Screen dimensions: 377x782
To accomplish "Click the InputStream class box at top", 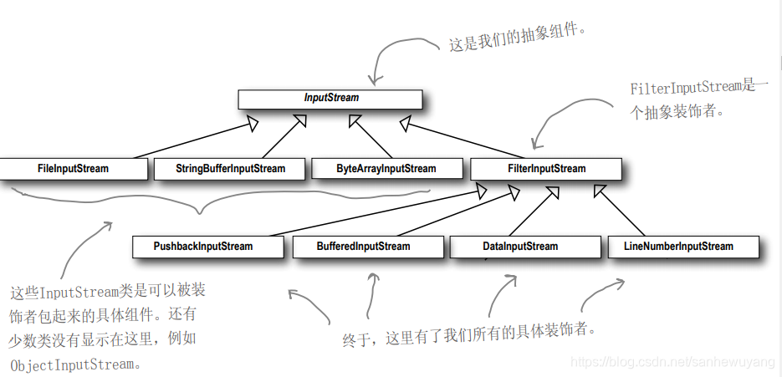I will (x=331, y=99).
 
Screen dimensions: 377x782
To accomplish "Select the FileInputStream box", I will (x=74, y=169).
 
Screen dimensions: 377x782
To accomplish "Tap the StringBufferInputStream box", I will (x=230, y=169).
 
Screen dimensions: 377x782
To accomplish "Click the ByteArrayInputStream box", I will (x=386, y=169).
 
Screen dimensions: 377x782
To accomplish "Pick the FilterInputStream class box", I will (x=546, y=169).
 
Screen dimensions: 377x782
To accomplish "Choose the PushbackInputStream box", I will (x=203, y=247).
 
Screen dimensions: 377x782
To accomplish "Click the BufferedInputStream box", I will (x=364, y=247).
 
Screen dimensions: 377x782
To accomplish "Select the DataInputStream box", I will (x=520, y=247).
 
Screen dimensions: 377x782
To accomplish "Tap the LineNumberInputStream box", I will (x=678, y=247).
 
